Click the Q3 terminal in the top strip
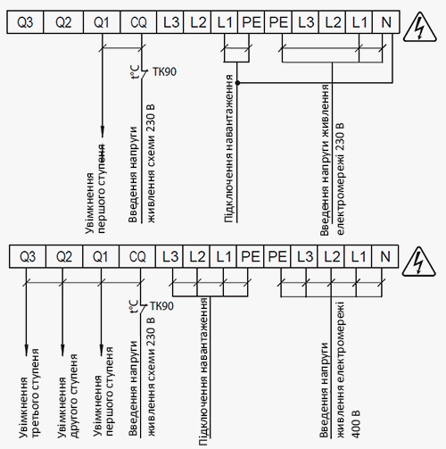coord(25,22)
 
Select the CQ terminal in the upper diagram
coord(138,22)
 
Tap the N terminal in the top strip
coord(386,22)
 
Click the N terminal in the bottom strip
coord(384,256)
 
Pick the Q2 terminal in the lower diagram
coord(64,256)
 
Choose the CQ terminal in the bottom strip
coord(137,256)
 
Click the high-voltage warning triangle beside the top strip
coord(419,28)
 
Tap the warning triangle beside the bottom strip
coord(418,262)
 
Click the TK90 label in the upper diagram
coord(164,71)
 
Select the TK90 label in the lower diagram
coord(161,306)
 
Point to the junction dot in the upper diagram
coord(237,83)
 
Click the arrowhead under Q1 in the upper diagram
coord(103,131)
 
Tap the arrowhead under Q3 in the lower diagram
coord(26,351)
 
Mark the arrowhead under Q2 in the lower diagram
coord(62,351)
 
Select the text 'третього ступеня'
coord(36,393)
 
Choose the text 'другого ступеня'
coord(74,395)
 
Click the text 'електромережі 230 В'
coord(341,179)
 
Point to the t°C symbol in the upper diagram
coord(135,72)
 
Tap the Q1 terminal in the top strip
coord(102,22)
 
